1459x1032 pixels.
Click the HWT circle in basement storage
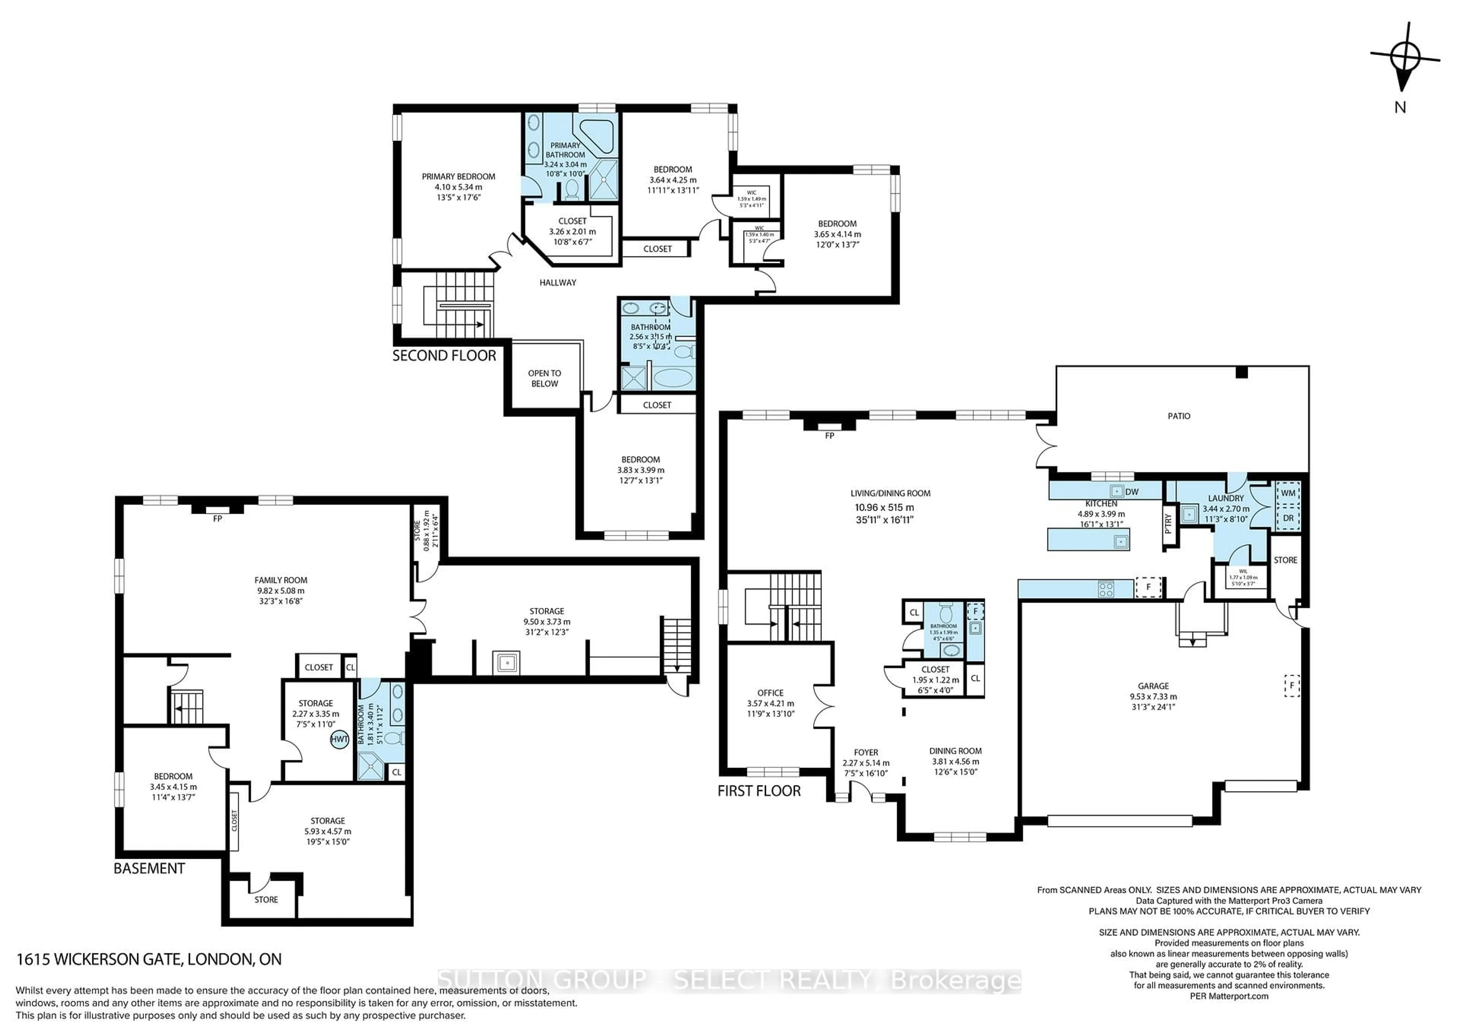(339, 739)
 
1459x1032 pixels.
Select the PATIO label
(1179, 416)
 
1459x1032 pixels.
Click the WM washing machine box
(1288, 493)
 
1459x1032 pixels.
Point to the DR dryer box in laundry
(1288, 518)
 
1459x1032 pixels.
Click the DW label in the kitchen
(1132, 492)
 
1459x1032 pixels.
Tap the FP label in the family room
(217, 519)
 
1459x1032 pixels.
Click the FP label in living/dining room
(829, 436)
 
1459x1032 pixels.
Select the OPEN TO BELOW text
(544, 379)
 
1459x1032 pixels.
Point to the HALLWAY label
(558, 283)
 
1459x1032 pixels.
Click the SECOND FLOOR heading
(444, 356)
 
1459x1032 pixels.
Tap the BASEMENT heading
(149, 869)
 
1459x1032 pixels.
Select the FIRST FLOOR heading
(760, 791)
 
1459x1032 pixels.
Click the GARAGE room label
(1154, 686)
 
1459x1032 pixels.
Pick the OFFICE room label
(770, 693)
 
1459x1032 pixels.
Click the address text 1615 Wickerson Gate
(149, 959)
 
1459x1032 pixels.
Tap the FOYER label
(866, 752)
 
